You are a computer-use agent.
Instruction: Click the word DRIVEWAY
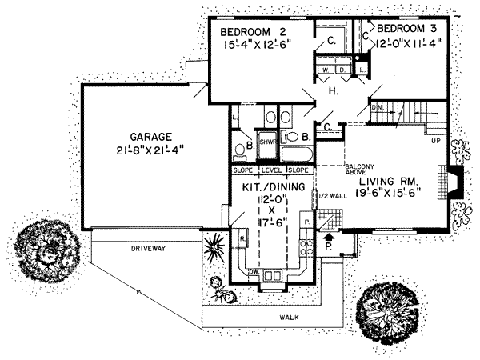(147, 249)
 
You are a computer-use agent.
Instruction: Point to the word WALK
(289, 318)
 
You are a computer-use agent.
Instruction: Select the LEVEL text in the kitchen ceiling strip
(272, 170)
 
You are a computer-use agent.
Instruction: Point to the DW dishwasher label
(253, 272)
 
